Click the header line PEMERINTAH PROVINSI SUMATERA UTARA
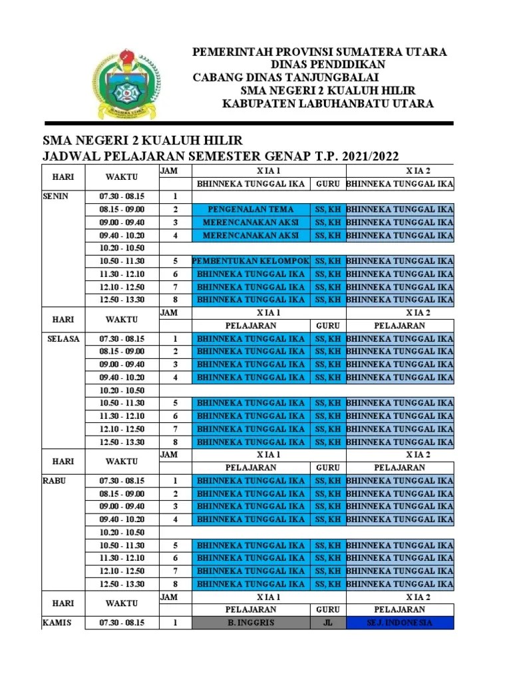coord(319,52)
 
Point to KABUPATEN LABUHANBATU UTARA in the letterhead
coord(327,103)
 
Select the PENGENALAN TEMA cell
coord(251,210)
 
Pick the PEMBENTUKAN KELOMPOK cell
coord(251,261)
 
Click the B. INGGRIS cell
coord(251,623)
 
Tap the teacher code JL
coord(328,623)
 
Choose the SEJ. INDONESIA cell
coord(399,623)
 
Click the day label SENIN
coord(55,196)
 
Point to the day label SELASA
coord(63,338)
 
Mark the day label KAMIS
coord(57,623)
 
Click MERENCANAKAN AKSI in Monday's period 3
coord(251,222)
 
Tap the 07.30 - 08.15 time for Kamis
coord(122,623)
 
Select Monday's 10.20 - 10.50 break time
coord(122,248)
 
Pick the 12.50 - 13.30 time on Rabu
coord(122,584)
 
